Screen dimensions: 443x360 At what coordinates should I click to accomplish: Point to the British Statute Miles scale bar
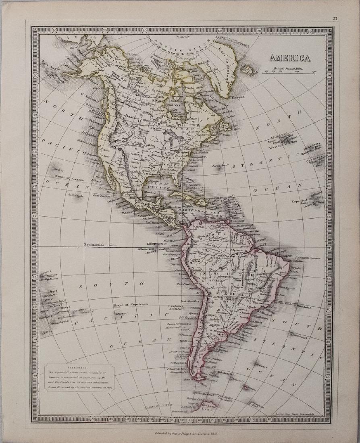pos(289,72)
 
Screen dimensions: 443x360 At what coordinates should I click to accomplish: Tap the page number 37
pos(335,18)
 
